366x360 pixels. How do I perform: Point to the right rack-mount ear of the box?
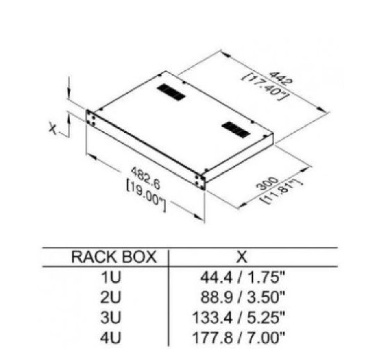point(200,182)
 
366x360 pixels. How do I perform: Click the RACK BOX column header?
point(114,257)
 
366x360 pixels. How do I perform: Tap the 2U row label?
point(111,297)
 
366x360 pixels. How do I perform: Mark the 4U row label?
point(111,336)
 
